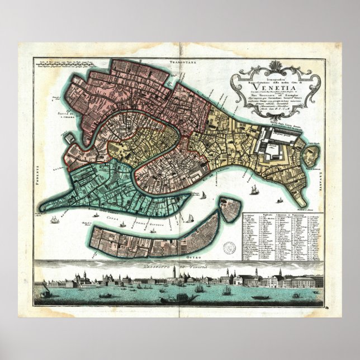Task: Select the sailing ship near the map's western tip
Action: pyautogui.click(x=54, y=219)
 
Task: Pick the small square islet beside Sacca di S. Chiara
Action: pyautogui.click(x=69, y=120)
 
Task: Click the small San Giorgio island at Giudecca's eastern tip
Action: pyautogui.click(x=229, y=208)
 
